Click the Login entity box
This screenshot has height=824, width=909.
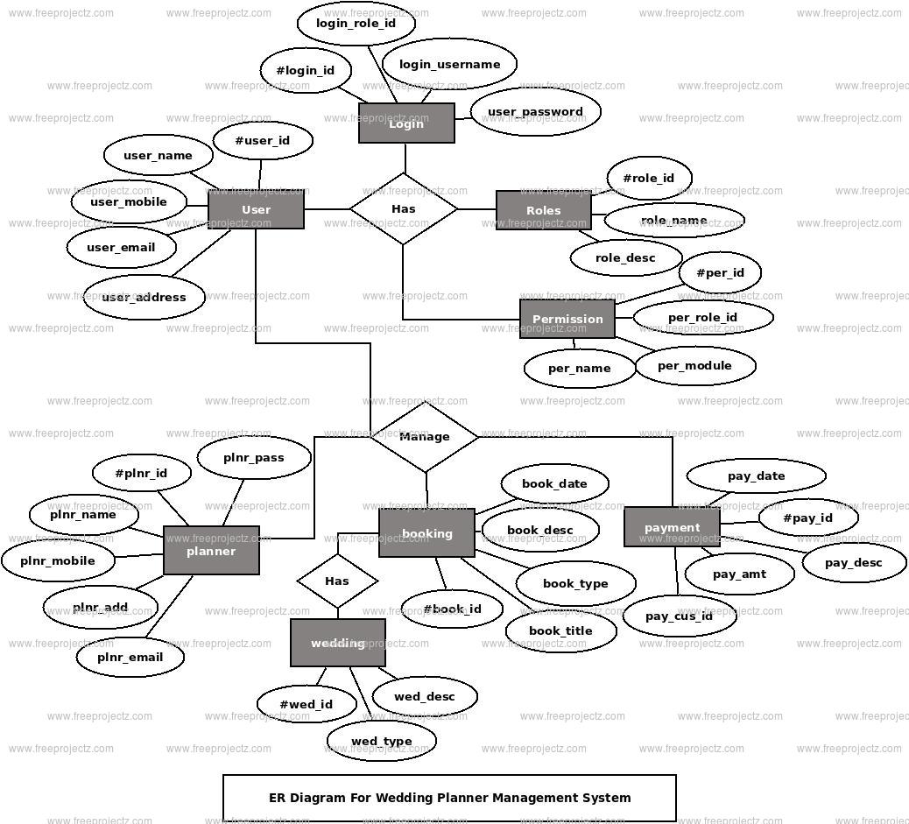tap(406, 123)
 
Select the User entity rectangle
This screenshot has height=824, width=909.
tap(256, 209)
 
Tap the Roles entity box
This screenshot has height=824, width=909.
tap(544, 210)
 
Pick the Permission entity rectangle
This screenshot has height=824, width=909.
tap(567, 319)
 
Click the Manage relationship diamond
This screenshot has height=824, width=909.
tap(425, 437)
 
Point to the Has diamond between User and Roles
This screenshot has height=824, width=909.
tap(404, 208)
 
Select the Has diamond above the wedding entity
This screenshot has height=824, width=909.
tap(337, 581)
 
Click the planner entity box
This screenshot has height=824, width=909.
tap(211, 550)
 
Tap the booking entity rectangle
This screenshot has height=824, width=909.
tap(426, 533)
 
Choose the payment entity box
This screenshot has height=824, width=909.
tap(672, 526)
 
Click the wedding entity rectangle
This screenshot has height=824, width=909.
tap(338, 643)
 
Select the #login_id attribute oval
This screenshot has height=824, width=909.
tap(306, 70)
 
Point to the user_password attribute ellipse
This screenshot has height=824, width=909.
tap(535, 111)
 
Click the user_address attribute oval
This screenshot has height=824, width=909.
tap(144, 297)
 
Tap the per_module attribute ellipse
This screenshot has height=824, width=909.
tap(695, 365)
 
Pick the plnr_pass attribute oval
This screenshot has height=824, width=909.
tap(254, 457)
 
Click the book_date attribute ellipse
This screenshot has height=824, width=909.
tap(555, 483)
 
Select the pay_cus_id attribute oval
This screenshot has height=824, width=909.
tap(680, 616)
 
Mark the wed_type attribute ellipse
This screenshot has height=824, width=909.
tap(382, 741)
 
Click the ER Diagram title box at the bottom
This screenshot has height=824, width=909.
tap(449, 798)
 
